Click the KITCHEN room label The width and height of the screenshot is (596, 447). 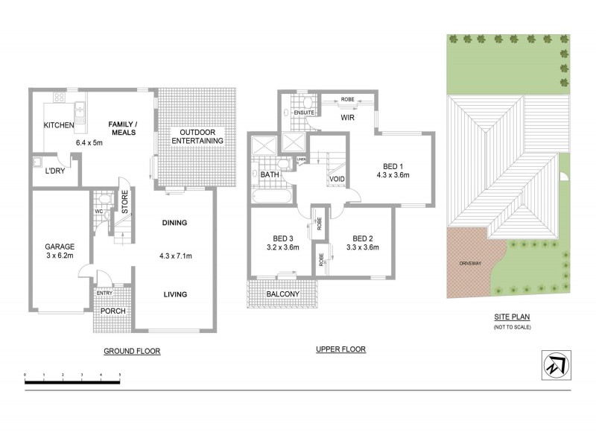[59, 125]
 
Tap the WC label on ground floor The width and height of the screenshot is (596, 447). [98, 211]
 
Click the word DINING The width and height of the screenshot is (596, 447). [174, 223]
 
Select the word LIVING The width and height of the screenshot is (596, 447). [175, 294]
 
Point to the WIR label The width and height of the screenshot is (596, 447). [347, 118]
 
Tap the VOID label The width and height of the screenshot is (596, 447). [335, 180]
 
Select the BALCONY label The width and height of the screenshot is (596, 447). [283, 294]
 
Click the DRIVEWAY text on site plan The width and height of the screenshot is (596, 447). [469, 263]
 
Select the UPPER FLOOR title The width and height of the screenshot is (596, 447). [340, 349]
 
